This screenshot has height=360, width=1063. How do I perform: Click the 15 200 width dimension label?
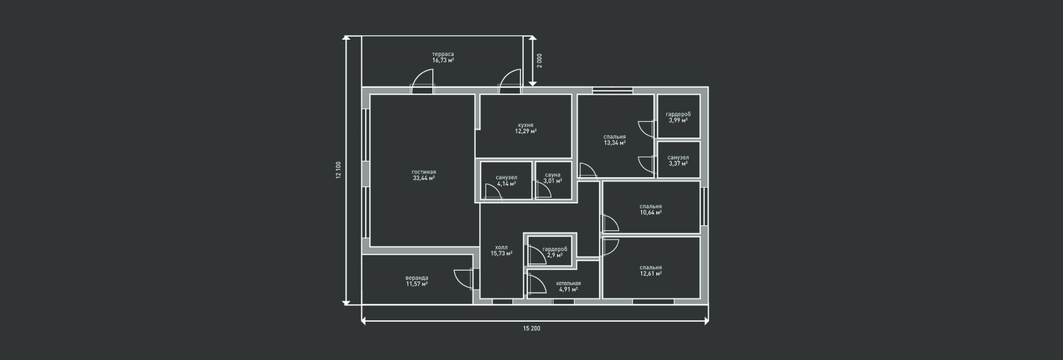(532, 328)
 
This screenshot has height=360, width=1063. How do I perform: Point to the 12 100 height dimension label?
(338, 170)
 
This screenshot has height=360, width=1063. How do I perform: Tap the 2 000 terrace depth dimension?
(539, 60)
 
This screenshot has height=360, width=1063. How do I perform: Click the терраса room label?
(443, 54)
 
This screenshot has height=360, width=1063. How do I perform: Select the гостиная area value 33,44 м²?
(424, 179)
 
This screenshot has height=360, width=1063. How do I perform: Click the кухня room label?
(526, 125)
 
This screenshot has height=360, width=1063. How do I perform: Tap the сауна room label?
(553, 175)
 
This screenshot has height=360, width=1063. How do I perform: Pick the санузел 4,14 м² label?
(507, 181)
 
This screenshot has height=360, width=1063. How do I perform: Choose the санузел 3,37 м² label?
(678, 160)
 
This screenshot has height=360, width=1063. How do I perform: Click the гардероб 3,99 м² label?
(678, 117)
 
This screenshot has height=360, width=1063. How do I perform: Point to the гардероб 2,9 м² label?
(555, 252)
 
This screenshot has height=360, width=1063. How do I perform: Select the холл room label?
(501, 247)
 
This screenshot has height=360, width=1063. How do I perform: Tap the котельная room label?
(568, 283)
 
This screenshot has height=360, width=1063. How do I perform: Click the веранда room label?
(417, 278)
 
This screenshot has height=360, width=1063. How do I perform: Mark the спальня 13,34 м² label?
(614, 140)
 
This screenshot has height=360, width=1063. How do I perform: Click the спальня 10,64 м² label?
(651, 209)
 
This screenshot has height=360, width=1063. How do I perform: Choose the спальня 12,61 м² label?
(651, 271)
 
